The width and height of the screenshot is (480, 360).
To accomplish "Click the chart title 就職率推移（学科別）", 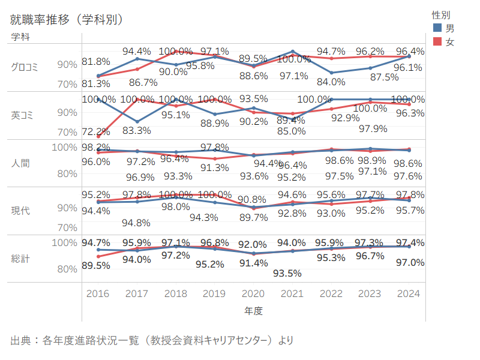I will point(67,20).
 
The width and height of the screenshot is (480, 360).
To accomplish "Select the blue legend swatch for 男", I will point(437,28).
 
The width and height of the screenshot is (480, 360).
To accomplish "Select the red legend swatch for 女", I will point(437,41).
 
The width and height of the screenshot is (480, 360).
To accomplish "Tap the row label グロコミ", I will point(25,67).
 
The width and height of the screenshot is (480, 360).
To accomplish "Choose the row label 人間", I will point(20,163).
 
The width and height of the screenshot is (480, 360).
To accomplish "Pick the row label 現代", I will point(20,211).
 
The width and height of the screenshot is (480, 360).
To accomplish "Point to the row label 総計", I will point(20,259).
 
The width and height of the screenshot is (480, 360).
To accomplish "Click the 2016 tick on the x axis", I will point(98,293).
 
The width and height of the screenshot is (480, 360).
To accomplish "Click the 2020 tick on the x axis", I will point(253,293).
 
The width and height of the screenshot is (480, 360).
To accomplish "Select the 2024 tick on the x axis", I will point(409,293).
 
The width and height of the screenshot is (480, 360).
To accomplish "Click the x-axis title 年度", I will point(253,311).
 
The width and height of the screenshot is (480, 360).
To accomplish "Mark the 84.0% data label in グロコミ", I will point(331,82).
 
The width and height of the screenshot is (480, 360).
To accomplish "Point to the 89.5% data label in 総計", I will point(95,266).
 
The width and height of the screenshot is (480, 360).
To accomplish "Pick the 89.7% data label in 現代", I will point(253,217).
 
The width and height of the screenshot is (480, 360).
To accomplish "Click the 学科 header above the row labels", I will point(20,36).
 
